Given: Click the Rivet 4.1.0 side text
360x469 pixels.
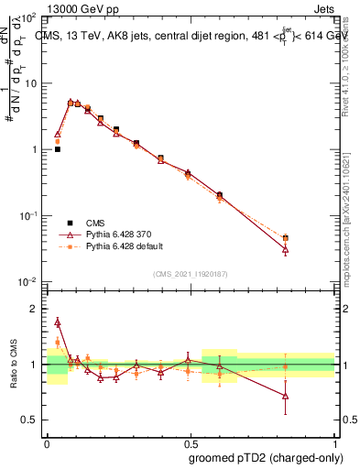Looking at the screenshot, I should point(345,64).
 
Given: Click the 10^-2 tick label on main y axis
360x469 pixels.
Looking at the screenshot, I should point(28,281).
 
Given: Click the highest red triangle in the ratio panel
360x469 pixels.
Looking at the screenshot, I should point(58,322).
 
